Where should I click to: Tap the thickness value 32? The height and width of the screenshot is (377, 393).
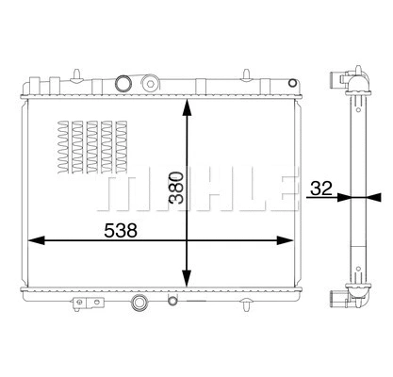[x=319, y=188]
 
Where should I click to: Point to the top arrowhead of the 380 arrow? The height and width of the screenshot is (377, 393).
[x=189, y=105]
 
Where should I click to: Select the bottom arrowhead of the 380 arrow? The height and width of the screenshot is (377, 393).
[x=189, y=282]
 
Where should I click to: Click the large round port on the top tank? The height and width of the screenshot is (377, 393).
[x=122, y=83]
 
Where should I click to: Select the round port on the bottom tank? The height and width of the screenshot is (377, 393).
[x=140, y=303]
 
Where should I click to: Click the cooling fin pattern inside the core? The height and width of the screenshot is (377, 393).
[x=89, y=145]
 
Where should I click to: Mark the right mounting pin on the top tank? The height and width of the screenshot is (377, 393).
[x=247, y=73]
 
